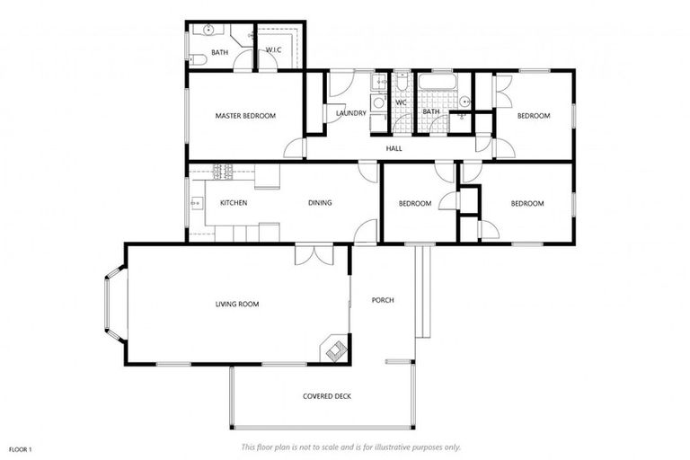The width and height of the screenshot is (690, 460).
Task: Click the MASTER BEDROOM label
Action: (x=244, y=116)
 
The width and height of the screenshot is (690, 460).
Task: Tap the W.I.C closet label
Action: (x=274, y=50)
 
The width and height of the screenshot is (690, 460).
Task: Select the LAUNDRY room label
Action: (x=350, y=113)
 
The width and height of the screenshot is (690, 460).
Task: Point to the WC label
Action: (x=402, y=102)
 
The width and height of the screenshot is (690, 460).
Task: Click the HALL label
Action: (x=394, y=148)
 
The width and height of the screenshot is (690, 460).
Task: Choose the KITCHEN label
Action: (x=234, y=203)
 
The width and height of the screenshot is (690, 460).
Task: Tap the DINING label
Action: (x=320, y=203)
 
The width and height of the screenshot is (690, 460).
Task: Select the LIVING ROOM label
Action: (x=236, y=305)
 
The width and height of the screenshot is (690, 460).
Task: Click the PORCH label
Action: (x=383, y=300)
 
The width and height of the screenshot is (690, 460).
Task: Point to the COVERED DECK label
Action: (x=326, y=396)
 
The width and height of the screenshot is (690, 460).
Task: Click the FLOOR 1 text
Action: (x=21, y=448)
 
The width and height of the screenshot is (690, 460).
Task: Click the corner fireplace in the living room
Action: (x=335, y=350)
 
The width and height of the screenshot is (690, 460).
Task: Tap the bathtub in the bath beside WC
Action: (x=438, y=85)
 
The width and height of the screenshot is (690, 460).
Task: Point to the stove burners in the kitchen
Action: (x=222, y=170)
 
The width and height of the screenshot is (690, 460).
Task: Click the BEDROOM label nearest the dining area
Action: (x=415, y=204)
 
